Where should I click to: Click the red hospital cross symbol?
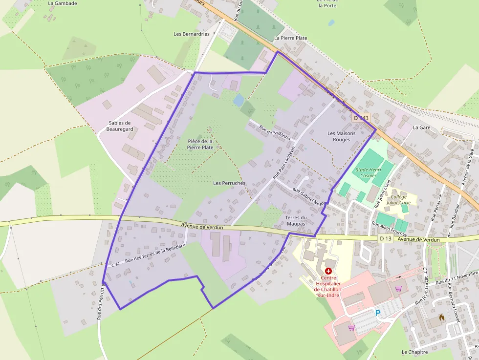tap(328, 271)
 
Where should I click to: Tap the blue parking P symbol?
tap(377, 313)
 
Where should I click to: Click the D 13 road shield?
tap(385, 238)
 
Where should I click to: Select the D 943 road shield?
tap(361, 118)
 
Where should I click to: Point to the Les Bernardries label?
tap(192, 34)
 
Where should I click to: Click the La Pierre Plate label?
tap(290, 38)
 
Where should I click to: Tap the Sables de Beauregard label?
tap(120, 126)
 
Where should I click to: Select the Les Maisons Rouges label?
tap(342, 136)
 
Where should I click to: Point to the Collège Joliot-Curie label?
tap(399, 199)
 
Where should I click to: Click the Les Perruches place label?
tap(229, 183)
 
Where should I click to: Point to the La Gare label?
tap(421, 127)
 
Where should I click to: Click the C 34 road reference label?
tap(115, 264)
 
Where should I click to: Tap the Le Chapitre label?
tap(414, 352)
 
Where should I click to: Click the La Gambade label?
tap(63, 3)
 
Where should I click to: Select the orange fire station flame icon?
tap(442, 317)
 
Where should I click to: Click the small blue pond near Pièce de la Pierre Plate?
tap(239, 101)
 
